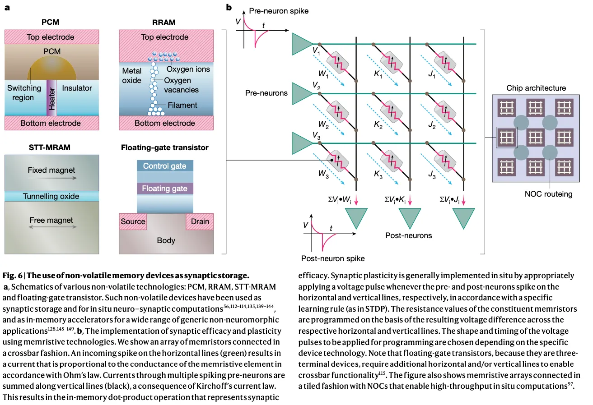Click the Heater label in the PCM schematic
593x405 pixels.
point(51,99)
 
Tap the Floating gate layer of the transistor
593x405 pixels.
point(165,189)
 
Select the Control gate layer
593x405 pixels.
point(165,166)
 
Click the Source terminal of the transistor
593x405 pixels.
point(133,221)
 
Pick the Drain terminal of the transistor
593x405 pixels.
point(200,221)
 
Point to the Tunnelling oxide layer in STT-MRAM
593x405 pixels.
point(51,196)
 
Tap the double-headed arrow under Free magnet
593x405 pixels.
point(52,227)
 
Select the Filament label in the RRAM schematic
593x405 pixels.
point(182,105)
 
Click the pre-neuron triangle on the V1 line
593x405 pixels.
point(302,44)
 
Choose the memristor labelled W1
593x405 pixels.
point(338,63)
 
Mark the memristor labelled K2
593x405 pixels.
point(392,112)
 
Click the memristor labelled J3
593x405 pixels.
point(445,161)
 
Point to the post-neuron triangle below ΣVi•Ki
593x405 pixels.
point(410,217)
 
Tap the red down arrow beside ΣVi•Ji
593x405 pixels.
point(463,200)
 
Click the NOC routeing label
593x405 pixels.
point(548,194)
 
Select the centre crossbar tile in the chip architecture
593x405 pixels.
point(536,138)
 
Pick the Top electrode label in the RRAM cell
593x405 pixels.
point(165,37)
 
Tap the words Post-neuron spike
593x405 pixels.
point(333,258)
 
